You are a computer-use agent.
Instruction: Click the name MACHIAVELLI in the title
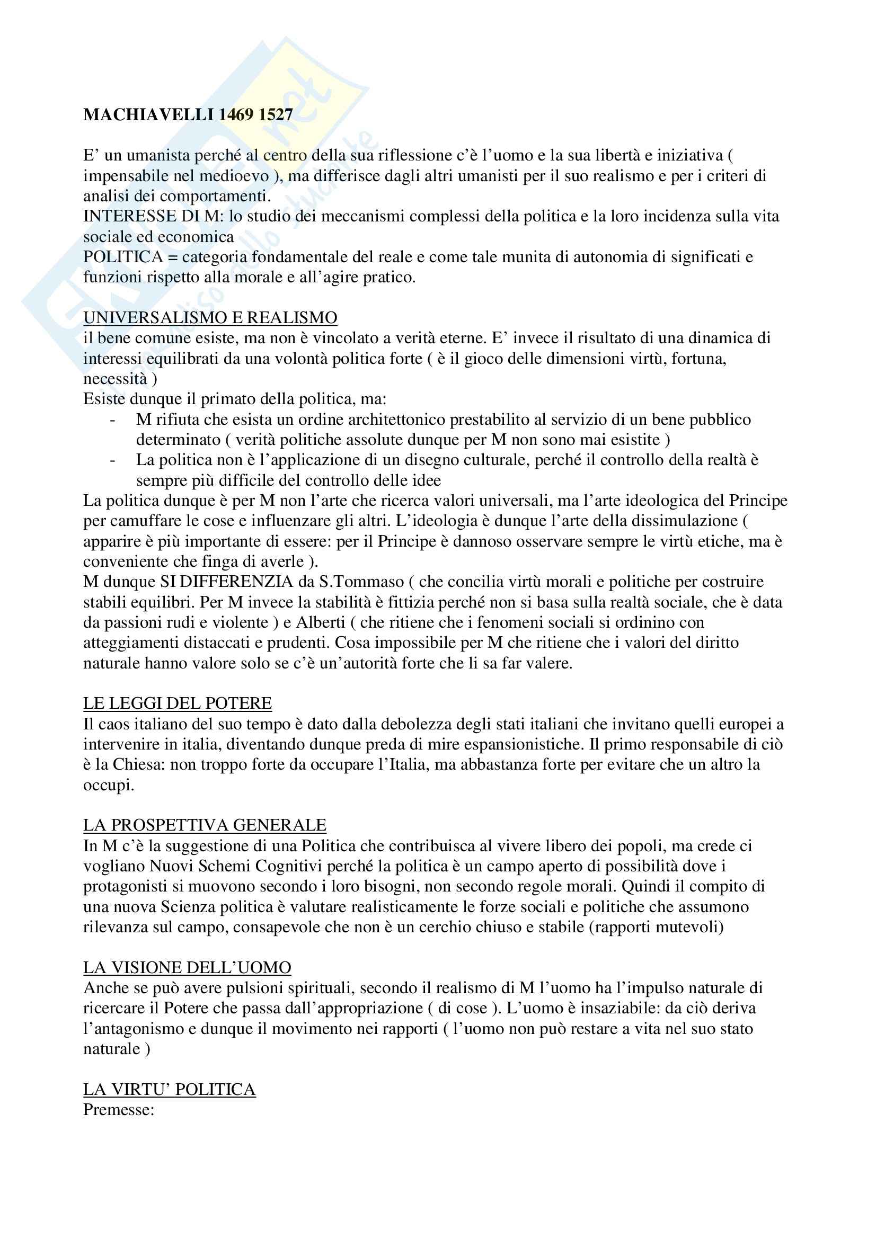[148, 115]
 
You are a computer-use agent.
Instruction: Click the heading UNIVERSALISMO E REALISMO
[210, 318]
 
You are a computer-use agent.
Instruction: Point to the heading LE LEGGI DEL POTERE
[177, 703]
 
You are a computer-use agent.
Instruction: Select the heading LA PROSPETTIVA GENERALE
[205, 825]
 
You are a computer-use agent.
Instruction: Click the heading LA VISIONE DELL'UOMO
[187, 968]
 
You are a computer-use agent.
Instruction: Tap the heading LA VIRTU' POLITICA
[169, 1090]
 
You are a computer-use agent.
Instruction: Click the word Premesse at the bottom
[118, 1110]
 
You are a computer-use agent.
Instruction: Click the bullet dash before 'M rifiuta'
[112, 420]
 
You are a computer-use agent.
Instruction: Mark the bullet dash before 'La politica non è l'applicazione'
[112, 460]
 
